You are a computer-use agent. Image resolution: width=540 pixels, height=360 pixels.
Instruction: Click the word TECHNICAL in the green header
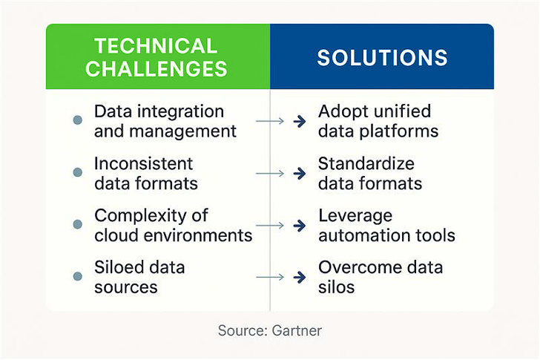[156, 46]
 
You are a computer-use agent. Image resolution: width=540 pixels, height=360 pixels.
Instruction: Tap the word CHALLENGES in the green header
[157, 68]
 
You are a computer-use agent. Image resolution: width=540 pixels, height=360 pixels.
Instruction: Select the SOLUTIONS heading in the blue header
[382, 58]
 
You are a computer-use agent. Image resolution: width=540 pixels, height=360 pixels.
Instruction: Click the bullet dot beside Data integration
[78, 120]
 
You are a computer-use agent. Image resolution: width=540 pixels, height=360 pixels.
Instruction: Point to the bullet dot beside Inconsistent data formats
[78, 172]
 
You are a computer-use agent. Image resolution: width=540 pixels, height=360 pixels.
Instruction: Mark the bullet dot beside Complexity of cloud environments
[78, 224]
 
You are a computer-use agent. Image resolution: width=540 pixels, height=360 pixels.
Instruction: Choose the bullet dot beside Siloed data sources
[78, 276]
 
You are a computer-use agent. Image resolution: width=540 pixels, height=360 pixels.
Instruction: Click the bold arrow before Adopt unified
[300, 121]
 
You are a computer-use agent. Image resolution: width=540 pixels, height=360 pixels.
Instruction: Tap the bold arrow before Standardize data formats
[300, 173]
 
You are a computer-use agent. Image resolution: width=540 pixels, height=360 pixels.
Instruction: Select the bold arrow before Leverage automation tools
[300, 226]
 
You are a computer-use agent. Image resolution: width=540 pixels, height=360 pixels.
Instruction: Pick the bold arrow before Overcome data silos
[300, 278]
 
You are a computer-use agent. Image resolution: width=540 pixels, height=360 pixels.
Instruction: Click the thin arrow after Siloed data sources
[270, 277]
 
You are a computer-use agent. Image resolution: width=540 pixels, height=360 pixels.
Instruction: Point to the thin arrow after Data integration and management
[270, 121]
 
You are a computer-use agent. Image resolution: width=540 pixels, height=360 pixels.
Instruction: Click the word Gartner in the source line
[297, 331]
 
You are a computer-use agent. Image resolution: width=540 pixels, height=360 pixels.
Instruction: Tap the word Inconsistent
[144, 163]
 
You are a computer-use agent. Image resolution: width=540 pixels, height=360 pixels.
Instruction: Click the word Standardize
[366, 163]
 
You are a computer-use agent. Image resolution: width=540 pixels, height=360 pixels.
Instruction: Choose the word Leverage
[355, 217]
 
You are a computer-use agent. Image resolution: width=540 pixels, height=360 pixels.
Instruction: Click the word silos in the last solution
[337, 287]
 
